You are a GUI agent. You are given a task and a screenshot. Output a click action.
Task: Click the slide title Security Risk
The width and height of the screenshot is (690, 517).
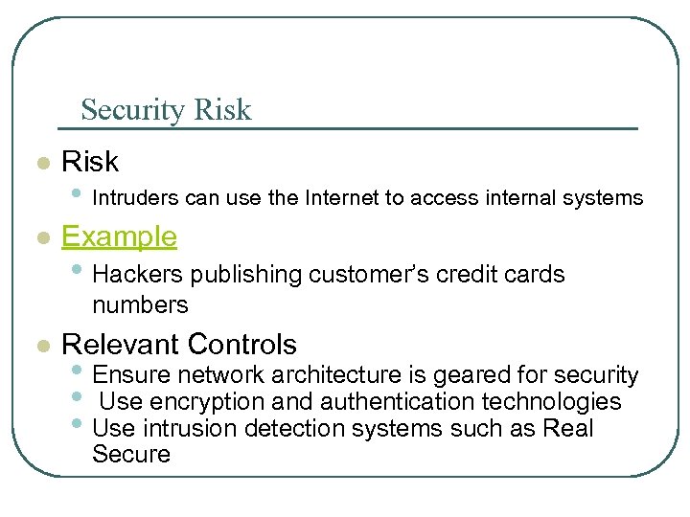point(166,110)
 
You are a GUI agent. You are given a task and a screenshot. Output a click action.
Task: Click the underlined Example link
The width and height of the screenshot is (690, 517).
point(119,236)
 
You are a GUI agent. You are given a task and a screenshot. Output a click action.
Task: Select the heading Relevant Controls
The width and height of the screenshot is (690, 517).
point(179,344)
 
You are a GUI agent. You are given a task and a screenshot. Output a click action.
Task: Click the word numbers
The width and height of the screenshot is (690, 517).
point(140,305)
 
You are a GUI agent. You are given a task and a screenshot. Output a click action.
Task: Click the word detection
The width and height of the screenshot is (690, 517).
point(294,428)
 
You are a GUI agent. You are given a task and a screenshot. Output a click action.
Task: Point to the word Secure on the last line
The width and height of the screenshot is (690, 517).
point(130,455)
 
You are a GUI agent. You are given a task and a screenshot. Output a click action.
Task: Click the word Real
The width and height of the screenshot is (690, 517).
point(568,428)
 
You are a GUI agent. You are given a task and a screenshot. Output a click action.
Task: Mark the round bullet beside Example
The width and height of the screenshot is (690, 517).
point(41,238)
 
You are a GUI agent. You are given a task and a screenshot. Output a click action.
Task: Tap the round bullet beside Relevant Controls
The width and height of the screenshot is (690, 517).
point(41,346)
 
